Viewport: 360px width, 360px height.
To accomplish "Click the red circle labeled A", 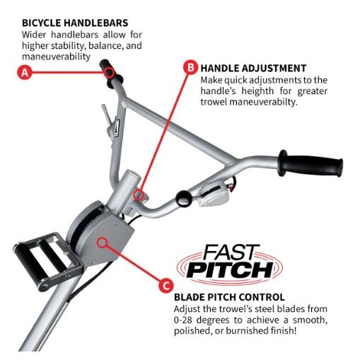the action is [25, 72].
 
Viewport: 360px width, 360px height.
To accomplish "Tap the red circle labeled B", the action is [190, 67].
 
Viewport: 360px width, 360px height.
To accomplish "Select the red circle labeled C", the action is [166, 286].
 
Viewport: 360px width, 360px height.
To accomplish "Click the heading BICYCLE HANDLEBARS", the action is [75, 23].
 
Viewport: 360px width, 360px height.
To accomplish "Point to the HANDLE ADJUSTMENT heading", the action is [253, 69].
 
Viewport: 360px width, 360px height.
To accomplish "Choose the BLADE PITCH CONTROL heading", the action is [229, 297].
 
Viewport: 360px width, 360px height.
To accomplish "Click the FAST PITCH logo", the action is [230, 263].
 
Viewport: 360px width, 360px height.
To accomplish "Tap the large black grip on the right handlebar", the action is [310, 163].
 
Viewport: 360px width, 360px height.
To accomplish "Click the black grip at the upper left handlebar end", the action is [110, 74].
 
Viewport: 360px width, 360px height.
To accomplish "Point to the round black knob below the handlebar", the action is [183, 199].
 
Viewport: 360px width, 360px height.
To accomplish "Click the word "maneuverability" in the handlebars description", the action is [56, 57].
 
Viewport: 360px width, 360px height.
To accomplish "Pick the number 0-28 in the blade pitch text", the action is [183, 320].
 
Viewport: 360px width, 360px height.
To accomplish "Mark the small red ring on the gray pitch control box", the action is [102, 243].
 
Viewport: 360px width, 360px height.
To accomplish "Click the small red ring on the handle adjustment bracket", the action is [139, 194].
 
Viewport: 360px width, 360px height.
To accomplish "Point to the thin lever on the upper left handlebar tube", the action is [107, 115].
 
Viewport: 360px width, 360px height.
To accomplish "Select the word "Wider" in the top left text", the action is [34, 35].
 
